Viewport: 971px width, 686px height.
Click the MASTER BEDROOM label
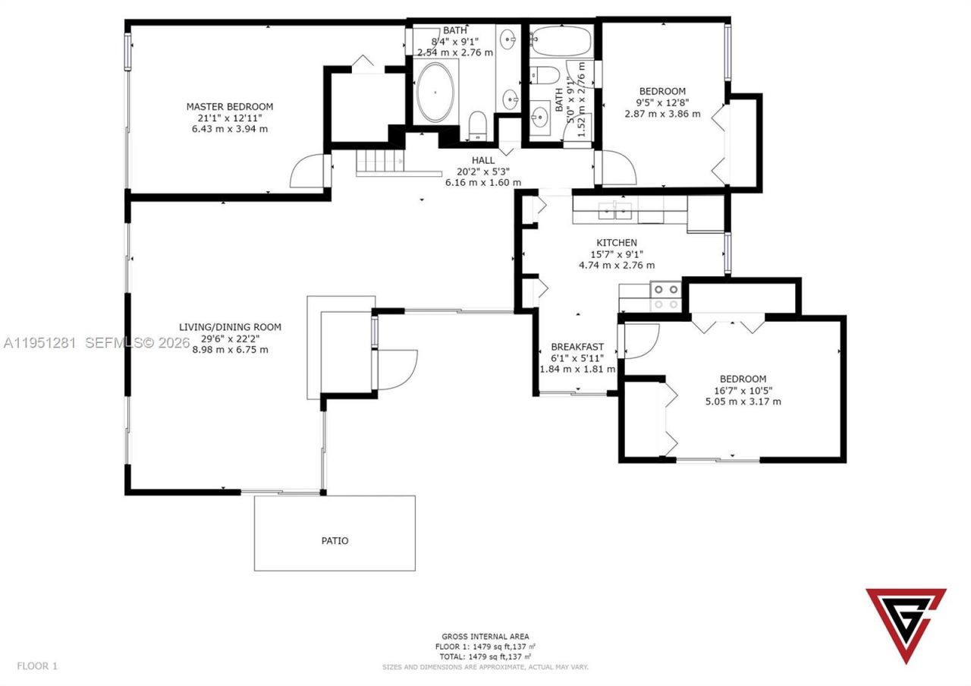point(230,107)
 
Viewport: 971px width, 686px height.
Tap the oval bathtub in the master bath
point(435,93)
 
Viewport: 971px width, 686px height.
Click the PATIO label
point(335,541)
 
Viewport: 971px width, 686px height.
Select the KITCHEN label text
point(616,243)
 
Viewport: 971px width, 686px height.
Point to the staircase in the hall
point(377,162)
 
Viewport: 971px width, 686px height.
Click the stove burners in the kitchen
point(665,296)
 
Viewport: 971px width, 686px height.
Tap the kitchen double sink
point(615,210)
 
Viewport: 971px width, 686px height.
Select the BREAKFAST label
point(577,347)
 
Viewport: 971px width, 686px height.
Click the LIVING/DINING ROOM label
point(230,327)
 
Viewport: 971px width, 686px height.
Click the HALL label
point(483,160)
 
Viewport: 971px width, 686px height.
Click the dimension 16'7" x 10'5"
point(743,390)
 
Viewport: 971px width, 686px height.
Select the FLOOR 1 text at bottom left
point(37,666)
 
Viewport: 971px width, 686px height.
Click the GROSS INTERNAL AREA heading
point(485,637)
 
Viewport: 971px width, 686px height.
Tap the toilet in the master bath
point(478,124)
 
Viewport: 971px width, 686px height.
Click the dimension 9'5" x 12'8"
point(662,102)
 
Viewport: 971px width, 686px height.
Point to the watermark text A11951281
point(39,343)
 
